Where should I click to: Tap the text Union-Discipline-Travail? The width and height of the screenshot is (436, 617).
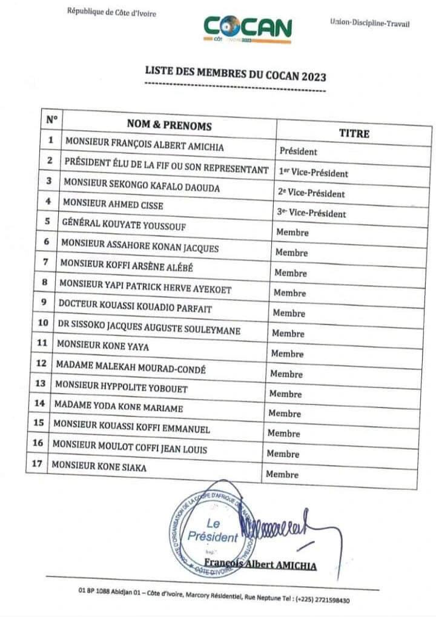369,23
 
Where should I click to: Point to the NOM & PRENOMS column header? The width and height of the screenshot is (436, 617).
169,125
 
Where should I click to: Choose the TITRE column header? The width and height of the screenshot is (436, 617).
354,133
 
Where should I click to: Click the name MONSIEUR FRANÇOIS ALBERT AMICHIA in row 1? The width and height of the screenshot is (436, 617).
144,146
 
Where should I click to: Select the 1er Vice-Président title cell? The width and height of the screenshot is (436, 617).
314,173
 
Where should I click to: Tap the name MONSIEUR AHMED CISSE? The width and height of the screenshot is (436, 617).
113,205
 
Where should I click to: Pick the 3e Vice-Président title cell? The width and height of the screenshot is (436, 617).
312,213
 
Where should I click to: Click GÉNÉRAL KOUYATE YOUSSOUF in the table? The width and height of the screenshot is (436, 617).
124,225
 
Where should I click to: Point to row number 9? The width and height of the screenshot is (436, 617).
44,302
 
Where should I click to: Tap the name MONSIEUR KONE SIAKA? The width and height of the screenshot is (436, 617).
99,467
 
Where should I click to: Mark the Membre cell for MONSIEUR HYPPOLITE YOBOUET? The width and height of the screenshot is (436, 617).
285,394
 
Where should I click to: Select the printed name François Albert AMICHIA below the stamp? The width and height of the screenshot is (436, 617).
260,565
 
